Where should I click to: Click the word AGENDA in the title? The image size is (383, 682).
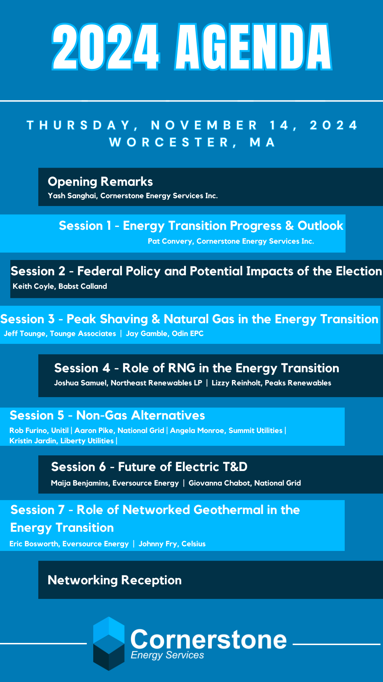tap(253, 47)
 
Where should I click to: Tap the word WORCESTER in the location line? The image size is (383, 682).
tap(170, 142)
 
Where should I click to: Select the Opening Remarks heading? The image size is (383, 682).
tap(100, 182)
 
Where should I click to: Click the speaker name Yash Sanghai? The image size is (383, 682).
tap(72, 196)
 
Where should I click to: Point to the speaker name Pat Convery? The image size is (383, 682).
tap(170, 241)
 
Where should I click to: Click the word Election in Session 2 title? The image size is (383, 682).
tap(359, 271)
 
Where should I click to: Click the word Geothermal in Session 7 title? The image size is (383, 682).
tap(229, 510)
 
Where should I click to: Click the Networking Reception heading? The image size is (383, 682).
tap(115, 580)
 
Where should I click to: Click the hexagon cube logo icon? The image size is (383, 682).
tap(109, 644)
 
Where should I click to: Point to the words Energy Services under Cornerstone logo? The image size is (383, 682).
tap(167, 655)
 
